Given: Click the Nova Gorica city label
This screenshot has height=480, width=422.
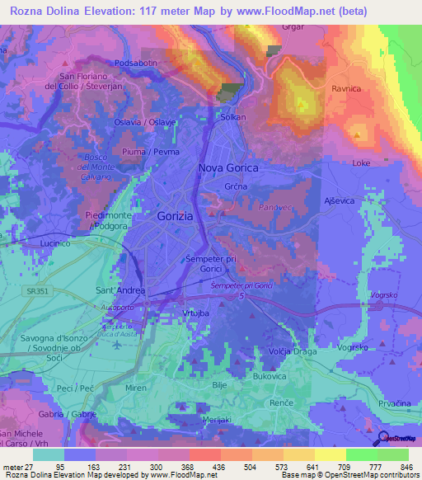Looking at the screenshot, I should pos(228,167).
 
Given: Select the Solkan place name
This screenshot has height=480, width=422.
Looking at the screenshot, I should pos(233,118).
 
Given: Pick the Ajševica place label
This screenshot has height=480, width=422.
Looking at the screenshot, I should pos(340,201).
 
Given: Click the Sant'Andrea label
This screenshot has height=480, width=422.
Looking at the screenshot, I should pos(121,290).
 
